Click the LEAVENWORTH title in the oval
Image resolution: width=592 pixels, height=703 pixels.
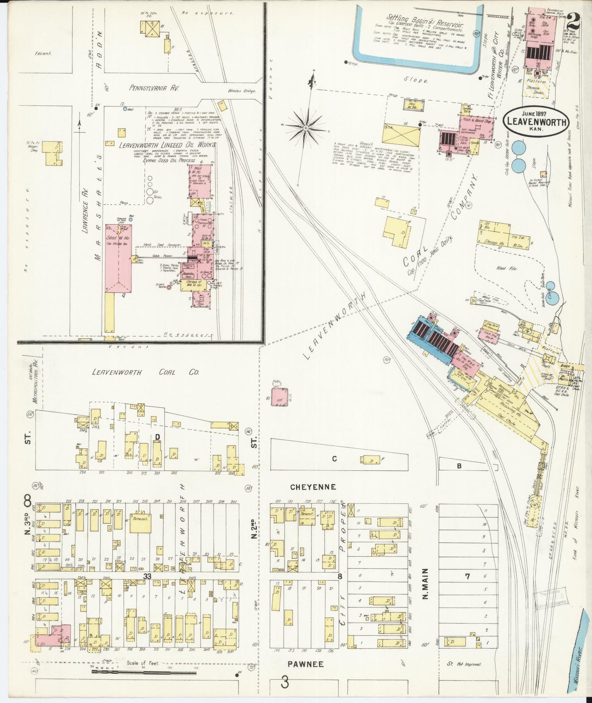(536, 121)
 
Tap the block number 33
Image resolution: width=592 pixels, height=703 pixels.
(147, 576)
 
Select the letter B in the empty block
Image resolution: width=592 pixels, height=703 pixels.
(459, 466)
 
